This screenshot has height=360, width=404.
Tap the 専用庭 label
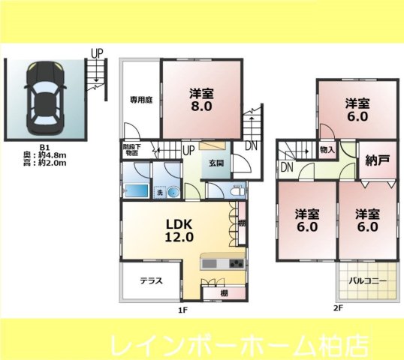pos(140,97)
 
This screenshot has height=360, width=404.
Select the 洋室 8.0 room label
pos(202,100)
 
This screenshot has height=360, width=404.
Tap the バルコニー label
pos(368,282)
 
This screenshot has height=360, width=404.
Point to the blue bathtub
pos(135,190)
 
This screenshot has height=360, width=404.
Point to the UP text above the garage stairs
pos(97,53)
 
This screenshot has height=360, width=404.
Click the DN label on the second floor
pos(286,167)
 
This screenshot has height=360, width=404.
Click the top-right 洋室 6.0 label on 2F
pos(357,109)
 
